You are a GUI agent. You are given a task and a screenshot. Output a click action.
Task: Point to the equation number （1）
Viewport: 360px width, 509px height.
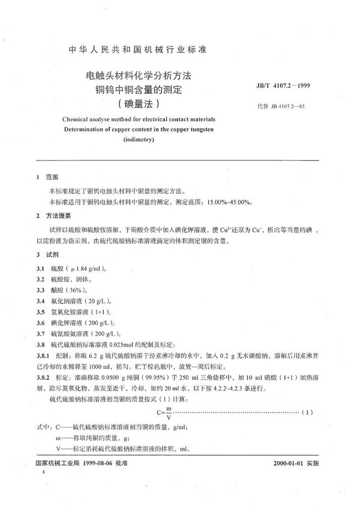307,414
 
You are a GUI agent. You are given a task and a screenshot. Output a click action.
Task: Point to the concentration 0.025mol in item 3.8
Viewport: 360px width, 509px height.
136,344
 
